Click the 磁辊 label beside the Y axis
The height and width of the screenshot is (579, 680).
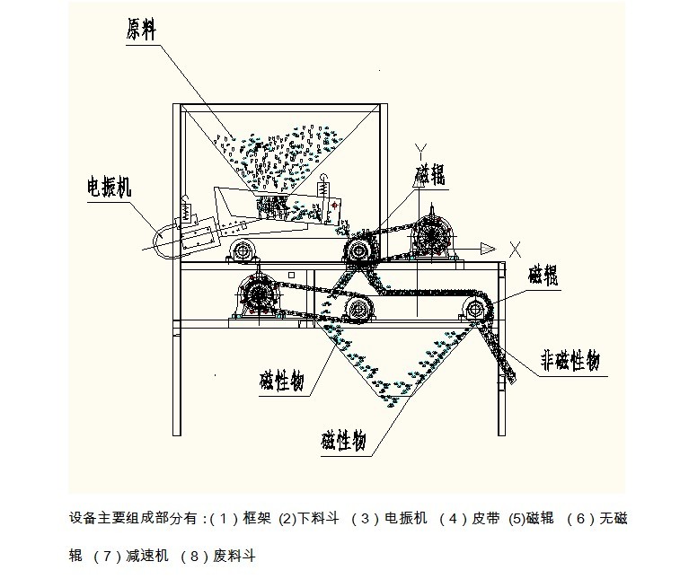point(429,174)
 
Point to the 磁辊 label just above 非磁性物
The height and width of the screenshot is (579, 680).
point(544,274)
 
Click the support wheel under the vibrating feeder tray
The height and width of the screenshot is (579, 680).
point(239,249)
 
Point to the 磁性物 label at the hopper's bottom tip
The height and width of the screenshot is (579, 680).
point(343,440)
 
